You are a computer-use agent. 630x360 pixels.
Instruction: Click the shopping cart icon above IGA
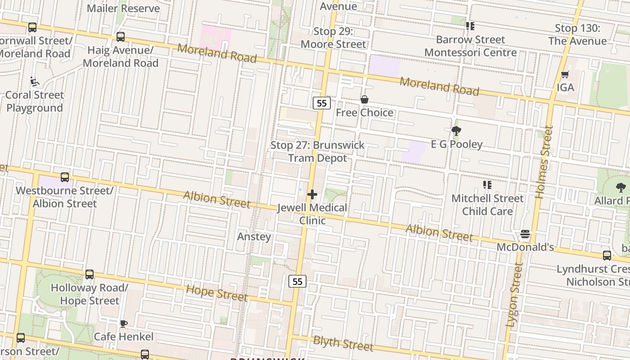565,74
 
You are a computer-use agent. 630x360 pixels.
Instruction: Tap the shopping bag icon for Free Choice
364,99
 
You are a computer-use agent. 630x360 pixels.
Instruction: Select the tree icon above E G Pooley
456,131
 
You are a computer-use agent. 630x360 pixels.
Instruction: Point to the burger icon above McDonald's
525,234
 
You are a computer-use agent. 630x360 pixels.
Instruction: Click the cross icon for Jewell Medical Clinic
312,194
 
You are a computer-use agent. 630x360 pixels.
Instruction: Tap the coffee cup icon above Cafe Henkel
123,324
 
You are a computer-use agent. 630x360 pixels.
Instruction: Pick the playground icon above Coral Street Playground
34,81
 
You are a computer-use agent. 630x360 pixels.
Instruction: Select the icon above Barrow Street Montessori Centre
470,26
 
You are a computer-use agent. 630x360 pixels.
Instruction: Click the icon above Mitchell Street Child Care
487,185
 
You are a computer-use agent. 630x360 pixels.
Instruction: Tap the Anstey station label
254,237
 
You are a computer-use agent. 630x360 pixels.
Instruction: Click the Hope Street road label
217,293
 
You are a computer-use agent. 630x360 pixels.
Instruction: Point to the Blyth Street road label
343,343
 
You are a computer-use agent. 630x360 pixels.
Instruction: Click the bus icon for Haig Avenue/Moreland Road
120,37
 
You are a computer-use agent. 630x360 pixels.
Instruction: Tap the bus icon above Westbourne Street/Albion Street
65,177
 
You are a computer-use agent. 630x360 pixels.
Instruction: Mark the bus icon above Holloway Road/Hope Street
90,274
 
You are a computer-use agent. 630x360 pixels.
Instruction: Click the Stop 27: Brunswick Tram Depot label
317,152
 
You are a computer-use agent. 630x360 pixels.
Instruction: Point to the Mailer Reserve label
123,9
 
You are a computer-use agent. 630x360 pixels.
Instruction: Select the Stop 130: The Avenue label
577,35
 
